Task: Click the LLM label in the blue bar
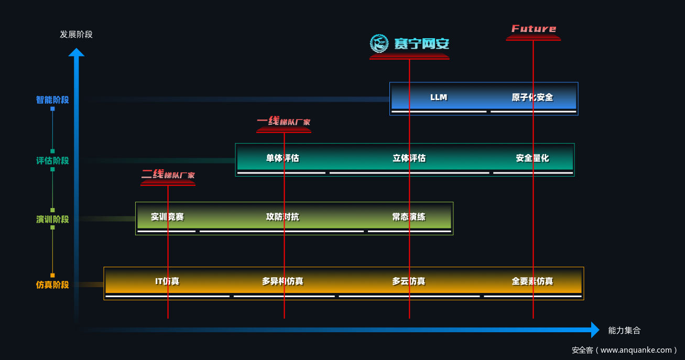click(439, 97)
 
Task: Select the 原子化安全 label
click(532, 97)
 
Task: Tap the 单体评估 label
click(282, 158)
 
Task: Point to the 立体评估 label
click(409, 158)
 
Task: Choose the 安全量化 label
click(532, 158)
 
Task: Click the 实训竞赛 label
click(167, 217)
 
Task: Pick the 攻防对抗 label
click(282, 217)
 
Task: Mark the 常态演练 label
click(409, 217)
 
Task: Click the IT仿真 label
click(167, 281)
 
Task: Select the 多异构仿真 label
click(282, 281)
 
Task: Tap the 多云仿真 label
click(409, 281)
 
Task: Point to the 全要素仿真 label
click(532, 281)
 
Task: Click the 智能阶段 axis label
click(52, 100)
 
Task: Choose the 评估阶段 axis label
click(52, 161)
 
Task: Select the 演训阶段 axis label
click(52, 220)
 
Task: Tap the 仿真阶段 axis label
click(52, 285)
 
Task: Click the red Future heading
click(534, 29)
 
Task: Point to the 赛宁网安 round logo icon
click(379, 43)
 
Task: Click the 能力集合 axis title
click(624, 331)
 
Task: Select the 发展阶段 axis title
click(76, 35)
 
